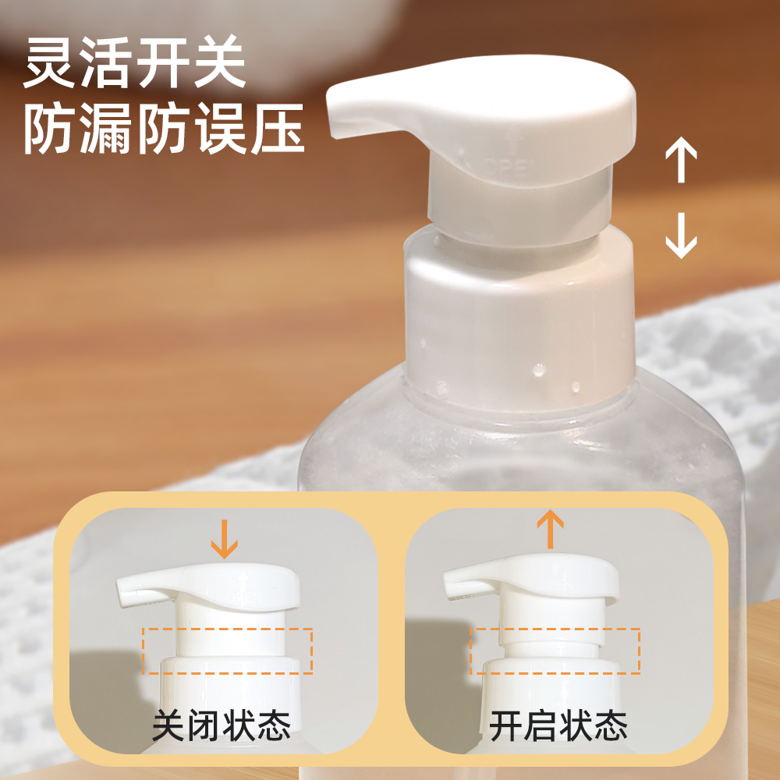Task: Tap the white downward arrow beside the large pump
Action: tap(680, 236)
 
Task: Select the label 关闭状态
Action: tap(222, 725)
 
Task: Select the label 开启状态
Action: tap(558, 725)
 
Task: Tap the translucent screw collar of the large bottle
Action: tap(519, 312)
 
